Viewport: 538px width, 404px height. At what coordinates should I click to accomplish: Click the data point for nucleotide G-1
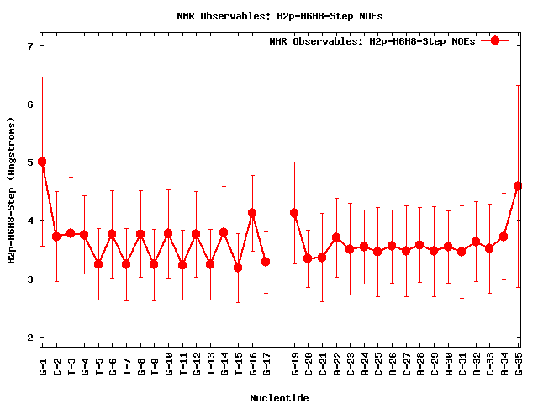click(42, 162)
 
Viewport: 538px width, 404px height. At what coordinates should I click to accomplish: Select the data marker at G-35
click(518, 186)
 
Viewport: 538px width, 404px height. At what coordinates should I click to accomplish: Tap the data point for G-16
click(252, 213)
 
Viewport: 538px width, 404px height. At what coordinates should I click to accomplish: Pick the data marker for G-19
click(294, 213)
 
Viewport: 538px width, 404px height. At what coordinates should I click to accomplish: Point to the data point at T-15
click(238, 268)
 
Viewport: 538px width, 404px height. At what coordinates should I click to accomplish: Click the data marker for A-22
click(336, 237)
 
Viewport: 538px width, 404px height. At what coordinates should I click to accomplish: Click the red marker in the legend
click(495, 40)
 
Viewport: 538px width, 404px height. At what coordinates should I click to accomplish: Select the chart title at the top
click(269, 16)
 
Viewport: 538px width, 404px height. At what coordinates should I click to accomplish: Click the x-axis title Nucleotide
click(279, 398)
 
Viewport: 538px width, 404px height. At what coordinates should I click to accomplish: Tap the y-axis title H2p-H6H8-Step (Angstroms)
click(12, 190)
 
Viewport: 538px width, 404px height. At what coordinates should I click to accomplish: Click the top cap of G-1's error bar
click(42, 77)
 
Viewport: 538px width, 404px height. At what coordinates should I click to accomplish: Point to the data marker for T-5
click(98, 264)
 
